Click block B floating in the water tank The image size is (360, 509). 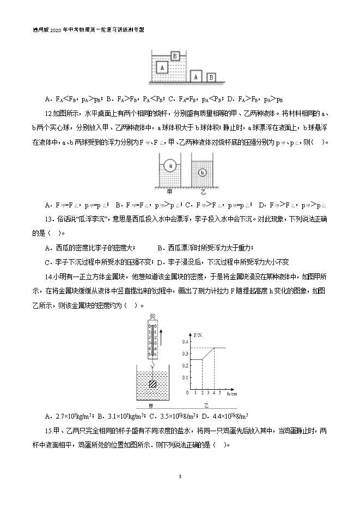(175, 56)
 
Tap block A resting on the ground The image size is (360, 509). (196, 76)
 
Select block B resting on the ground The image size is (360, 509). (211, 77)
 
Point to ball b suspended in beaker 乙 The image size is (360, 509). (202, 173)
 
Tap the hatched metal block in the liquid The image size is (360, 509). (154, 384)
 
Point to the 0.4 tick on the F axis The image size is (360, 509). (184, 341)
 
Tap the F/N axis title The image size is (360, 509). (197, 332)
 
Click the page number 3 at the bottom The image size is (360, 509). (180, 477)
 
